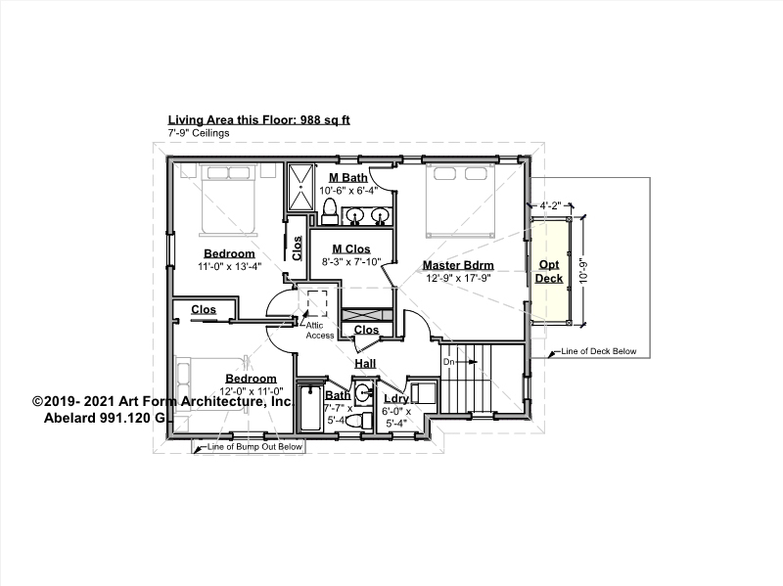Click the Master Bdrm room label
(x=458, y=265)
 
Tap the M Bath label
(x=348, y=177)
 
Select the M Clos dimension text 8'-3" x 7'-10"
(x=351, y=261)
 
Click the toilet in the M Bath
(x=330, y=211)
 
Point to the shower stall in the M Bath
(x=300, y=188)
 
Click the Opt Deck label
(x=549, y=272)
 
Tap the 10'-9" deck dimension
(x=583, y=271)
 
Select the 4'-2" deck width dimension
(x=550, y=205)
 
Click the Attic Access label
(x=320, y=331)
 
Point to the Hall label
(x=365, y=363)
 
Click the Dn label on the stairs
(x=448, y=361)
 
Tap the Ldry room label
(x=396, y=398)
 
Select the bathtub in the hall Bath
(x=311, y=408)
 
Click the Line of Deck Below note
(x=599, y=351)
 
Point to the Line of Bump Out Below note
(x=254, y=447)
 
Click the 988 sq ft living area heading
(x=258, y=119)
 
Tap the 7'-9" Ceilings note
(x=199, y=133)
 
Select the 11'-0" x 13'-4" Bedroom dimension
(x=230, y=266)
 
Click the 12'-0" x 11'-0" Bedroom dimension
(x=252, y=391)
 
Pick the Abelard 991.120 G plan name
(x=104, y=418)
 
